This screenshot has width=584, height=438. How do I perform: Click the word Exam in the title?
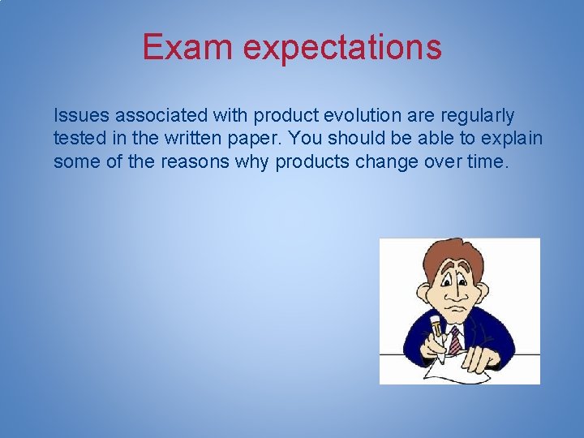tap(187, 47)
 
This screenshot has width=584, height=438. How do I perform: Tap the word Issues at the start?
tap(77, 116)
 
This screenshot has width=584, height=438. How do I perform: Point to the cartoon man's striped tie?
tap(454, 338)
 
